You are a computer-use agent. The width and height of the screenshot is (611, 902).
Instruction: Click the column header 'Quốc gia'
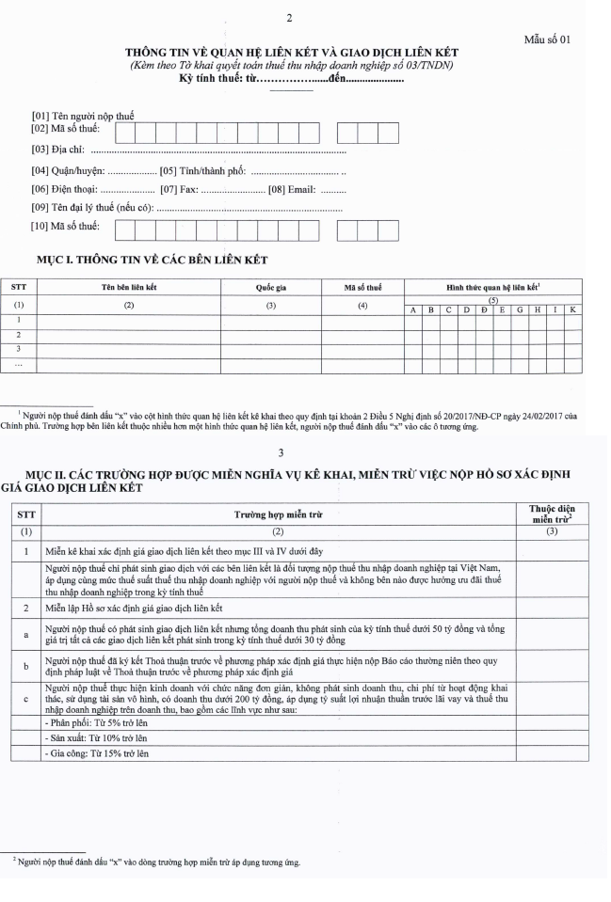pos(271,286)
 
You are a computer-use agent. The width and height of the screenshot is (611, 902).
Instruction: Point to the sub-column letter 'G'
pos(519,309)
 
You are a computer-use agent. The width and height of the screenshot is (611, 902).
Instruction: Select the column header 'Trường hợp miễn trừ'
pos(281,515)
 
